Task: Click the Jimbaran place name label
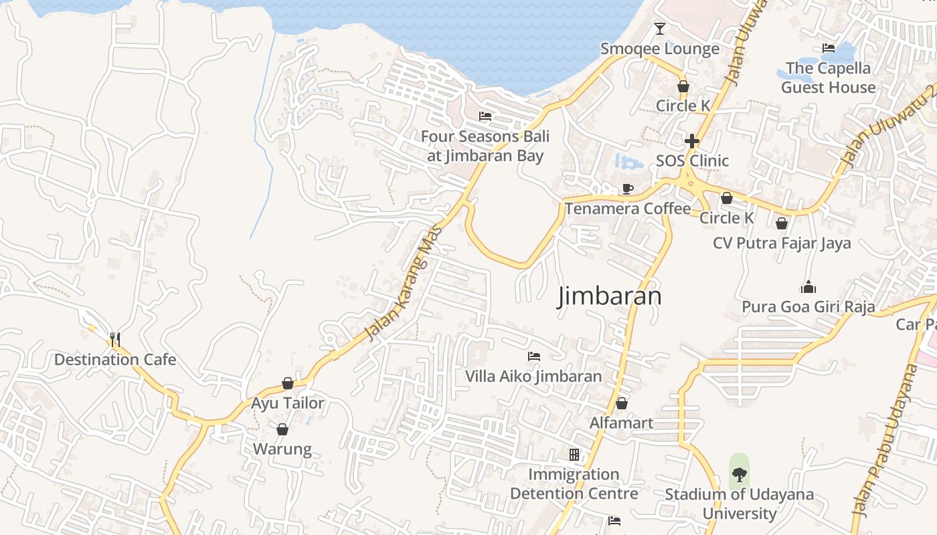pos(610,296)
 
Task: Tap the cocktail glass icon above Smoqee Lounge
pos(660,28)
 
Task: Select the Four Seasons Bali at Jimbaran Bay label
pos(485,146)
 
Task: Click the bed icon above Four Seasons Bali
pos(485,116)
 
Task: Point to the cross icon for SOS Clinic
pos(692,141)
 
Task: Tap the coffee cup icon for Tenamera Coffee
pos(627,189)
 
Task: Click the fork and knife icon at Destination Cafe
pos(115,339)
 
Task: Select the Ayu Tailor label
pos(287,403)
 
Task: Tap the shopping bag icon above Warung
pos(282,429)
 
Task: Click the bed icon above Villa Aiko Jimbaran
pos(533,356)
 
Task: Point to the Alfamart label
pos(621,423)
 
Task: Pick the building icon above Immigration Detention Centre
pos(574,455)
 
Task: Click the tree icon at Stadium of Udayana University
pos(739,475)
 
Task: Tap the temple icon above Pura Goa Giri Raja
pos(808,287)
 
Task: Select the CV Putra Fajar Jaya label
pos(782,243)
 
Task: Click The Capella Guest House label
pos(828,78)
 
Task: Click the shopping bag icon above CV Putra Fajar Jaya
pos(781,223)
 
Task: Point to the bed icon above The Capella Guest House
pos(828,48)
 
